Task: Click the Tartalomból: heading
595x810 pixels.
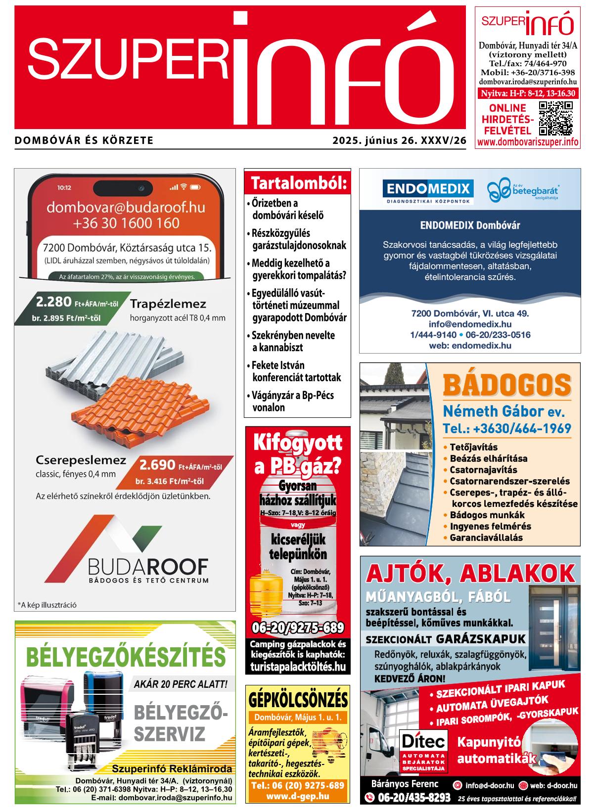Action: pyautogui.click(x=298, y=183)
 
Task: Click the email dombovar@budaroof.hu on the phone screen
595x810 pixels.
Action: pyautogui.click(x=126, y=207)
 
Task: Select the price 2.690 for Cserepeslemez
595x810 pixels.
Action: pyautogui.click(x=157, y=465)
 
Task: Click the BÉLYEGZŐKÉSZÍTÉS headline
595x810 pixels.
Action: pyautogui.click(x=125, y=657)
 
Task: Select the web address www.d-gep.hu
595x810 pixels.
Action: pyautogui.click(x=298, y=796)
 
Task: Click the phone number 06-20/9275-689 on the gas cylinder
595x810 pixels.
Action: pyautogui.click(x=298, y=628)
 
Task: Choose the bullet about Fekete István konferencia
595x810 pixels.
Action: pyautogui.click(x=296, y=371)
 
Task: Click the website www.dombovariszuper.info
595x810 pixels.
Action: pyautogui.click(x=528, y=142)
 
